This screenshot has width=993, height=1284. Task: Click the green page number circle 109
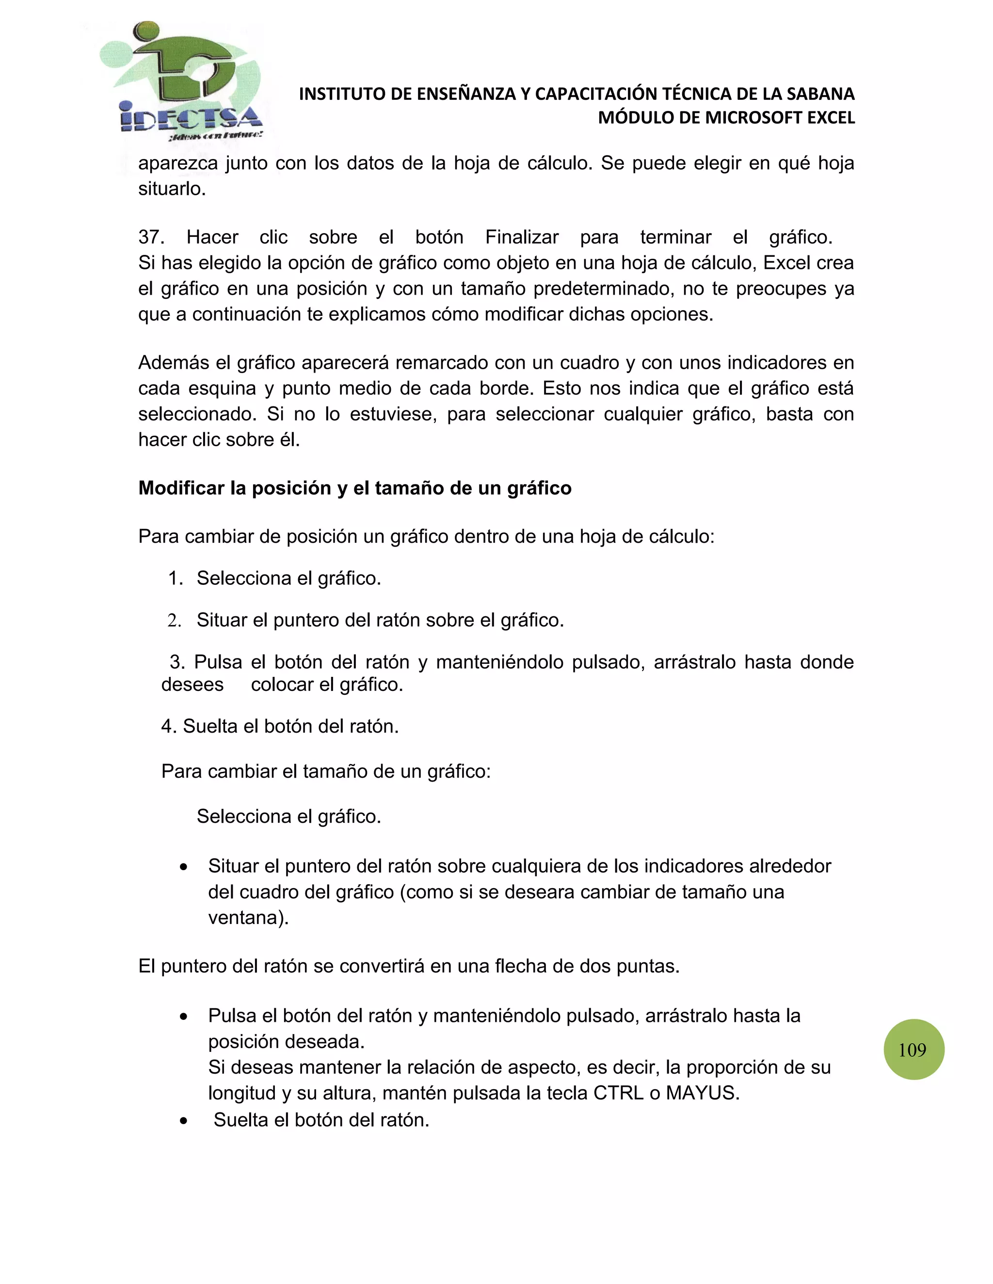[x=913, y=1049]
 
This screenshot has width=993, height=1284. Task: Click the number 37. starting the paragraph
[x=151, y=237]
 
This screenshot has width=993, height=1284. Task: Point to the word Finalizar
[x=521, y=237]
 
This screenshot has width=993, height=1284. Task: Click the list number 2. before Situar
[x=174, y=620]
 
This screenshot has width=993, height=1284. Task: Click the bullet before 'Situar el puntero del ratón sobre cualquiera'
[x=184, y=867]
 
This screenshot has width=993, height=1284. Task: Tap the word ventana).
[x=248, y=918]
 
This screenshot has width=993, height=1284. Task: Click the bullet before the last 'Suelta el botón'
[x=184, y=1121]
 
